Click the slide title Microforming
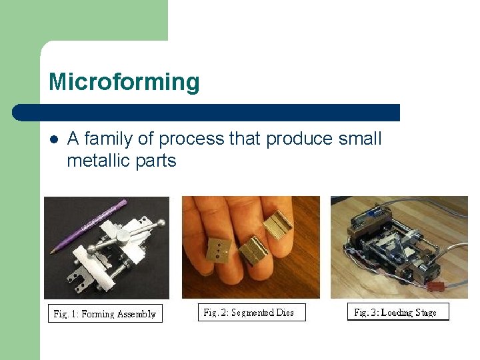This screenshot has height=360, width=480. pos(124,83)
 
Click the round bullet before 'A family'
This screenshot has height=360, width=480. pos(53,140)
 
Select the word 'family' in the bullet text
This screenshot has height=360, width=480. pos(117,139)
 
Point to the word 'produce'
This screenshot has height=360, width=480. pos(299,139)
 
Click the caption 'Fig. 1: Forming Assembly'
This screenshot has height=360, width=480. pos(105,314)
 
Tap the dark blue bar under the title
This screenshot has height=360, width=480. pos(207,113)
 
